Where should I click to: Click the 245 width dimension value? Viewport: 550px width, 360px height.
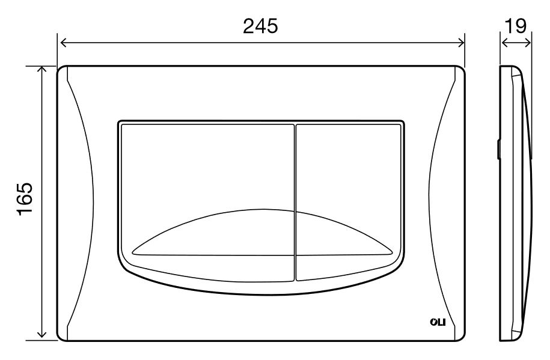(x=260, y=26)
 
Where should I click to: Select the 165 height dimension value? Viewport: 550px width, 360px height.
(x=25, y=199)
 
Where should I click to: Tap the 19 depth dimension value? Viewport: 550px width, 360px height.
(x=516, y=26)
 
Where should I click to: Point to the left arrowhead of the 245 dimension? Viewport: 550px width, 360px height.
(x=63, y=43)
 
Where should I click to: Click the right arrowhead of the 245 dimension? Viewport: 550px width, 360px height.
(x=461, y=43)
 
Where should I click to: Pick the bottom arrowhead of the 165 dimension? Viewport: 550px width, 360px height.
(x=42, y=337)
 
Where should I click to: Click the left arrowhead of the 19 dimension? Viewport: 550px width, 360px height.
(x=504, y=43)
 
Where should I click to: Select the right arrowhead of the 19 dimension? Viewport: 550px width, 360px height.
(x=527, y=43)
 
